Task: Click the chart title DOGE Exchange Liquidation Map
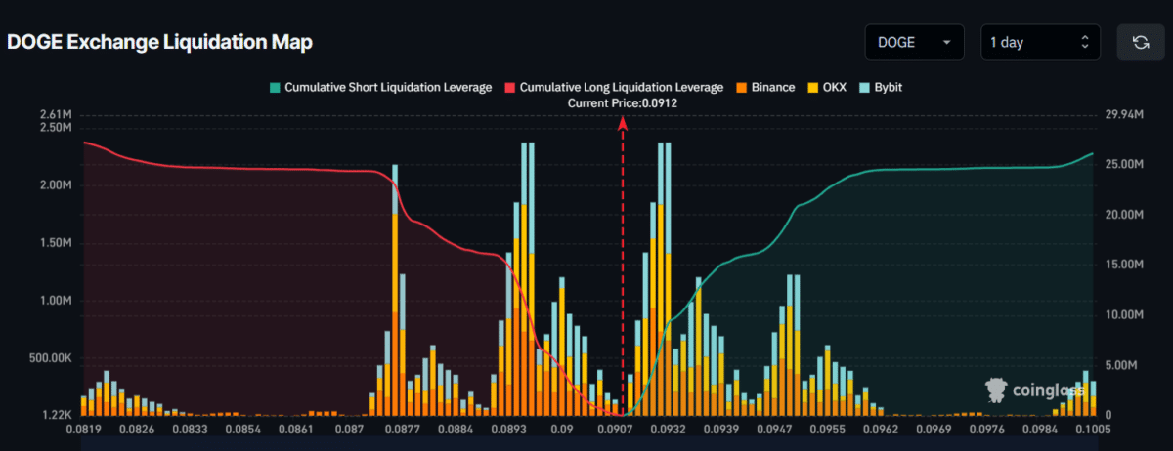(x=160, y=43)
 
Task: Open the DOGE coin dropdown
(x=914, y=42)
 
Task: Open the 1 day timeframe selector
(x=1038, y=42)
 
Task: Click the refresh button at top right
(x=1140, y=42)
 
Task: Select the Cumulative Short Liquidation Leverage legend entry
(x=380, y=88)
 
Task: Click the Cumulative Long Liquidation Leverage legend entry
(x=613, y=88)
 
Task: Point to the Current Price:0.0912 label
(x=623, y=102)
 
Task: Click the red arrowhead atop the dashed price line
(x=623, y=121)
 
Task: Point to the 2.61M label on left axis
(x=56, y=115)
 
